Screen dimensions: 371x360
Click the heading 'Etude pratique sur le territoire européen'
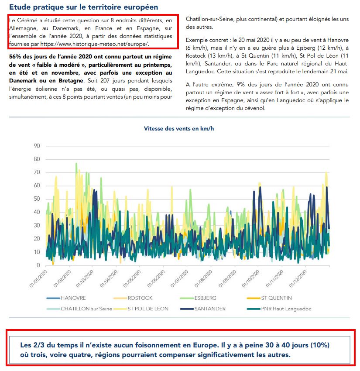point(83,7)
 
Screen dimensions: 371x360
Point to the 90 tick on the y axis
point(37,146)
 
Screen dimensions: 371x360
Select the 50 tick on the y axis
point(37,199)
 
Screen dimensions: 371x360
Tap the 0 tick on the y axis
point(38,265)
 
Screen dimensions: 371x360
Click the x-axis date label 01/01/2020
point(38,279)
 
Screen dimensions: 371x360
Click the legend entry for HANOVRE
point(73,298)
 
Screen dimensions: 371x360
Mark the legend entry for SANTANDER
point(210,309)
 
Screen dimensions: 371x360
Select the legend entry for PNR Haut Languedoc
point(286,309)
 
